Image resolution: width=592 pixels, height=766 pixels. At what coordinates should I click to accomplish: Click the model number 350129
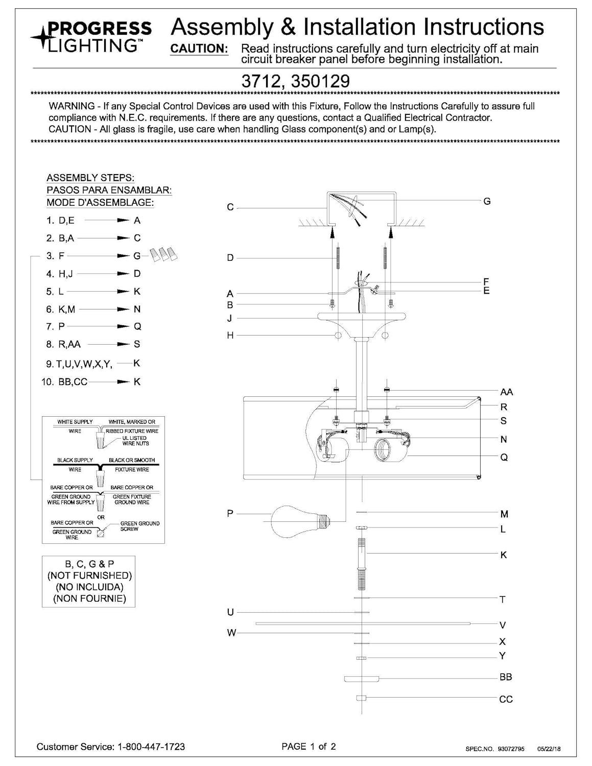click(x=321, y=82)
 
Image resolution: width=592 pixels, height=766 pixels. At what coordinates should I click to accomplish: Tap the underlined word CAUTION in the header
click(x=199, y=49)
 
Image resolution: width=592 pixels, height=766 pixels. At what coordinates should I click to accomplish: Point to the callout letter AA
click(x=506, y=392)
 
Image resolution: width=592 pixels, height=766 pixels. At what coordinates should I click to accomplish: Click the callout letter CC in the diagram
click(x=506, y=699)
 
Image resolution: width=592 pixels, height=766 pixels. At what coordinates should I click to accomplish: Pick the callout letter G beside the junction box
click(x=487, y=201)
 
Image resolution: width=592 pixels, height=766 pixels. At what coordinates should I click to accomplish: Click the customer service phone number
click(x=151, y=747)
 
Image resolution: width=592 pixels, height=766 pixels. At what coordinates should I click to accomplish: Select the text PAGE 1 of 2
click(x=309, y=747)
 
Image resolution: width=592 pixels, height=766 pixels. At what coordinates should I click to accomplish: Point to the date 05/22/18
click(x=550, y=749)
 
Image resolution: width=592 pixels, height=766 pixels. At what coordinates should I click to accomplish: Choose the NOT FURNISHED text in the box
click(x=89, y=576)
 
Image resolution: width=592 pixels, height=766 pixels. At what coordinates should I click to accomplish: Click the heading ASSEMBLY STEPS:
click(x=90, y=178)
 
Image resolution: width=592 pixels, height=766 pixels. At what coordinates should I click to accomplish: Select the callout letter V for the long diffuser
click(x=503, y=625)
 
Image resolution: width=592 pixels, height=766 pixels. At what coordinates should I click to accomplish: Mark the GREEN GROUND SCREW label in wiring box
click(x=139, y=526)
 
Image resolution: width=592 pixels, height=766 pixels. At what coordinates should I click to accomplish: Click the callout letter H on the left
click(x=230, y=336)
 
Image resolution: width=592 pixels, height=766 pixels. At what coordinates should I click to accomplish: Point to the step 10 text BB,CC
click(x=73, y=381)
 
